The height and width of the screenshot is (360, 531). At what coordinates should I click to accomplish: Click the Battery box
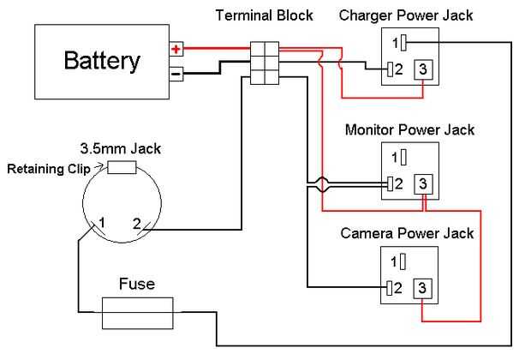(101, 62)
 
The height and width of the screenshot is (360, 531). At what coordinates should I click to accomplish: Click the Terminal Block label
(265, 15)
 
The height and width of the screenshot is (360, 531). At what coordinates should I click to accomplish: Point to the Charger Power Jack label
(405, 15)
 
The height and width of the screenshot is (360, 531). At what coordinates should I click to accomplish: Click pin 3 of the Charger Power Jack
(421, 69)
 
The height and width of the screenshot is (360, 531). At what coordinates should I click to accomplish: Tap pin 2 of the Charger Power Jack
(391, 69)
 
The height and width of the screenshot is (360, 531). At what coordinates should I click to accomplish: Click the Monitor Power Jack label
(409, 130)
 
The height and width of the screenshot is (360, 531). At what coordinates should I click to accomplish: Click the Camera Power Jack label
(407, 232)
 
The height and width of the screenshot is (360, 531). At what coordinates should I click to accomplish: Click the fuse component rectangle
(138, 313)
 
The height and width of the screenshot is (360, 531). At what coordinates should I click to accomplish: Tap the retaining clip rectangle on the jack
(120, 168)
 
